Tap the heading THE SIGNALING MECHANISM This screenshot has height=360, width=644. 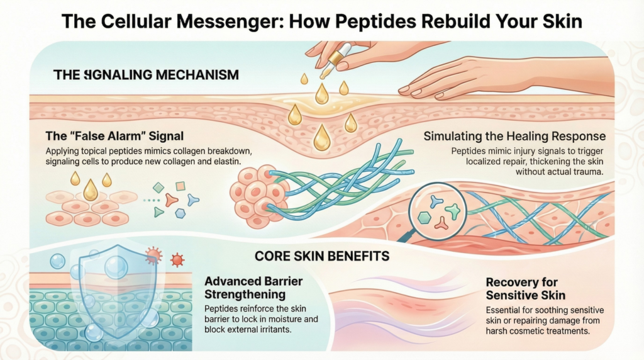[x=146, y=75]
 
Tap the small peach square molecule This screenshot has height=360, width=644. [x=180, y=186]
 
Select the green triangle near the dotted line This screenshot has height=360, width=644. [x=159, y=212]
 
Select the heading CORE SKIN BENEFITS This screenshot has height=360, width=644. [x=321, y=256]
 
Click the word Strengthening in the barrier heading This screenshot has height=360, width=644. [x=245, y=294]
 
